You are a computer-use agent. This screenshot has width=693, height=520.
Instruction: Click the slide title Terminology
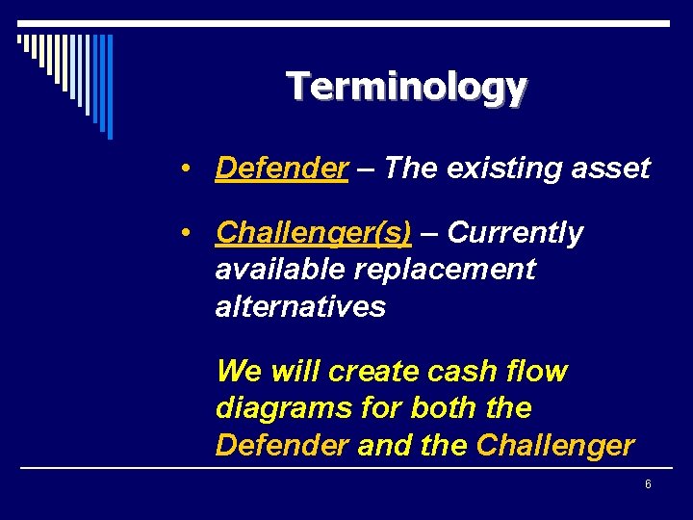click(406, 87)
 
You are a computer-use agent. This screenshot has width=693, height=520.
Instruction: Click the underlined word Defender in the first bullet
click(281, 169)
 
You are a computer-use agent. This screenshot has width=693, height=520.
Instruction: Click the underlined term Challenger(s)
click(314, 233)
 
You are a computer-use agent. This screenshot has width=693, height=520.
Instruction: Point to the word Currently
click(515, 233)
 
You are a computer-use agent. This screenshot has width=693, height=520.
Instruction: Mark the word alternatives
click(300, 307)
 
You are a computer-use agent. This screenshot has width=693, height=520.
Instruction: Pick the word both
click(447, 408)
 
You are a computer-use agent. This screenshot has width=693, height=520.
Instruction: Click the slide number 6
click(648, 484)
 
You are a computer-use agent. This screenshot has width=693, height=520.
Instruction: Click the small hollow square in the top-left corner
click(20, 39)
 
